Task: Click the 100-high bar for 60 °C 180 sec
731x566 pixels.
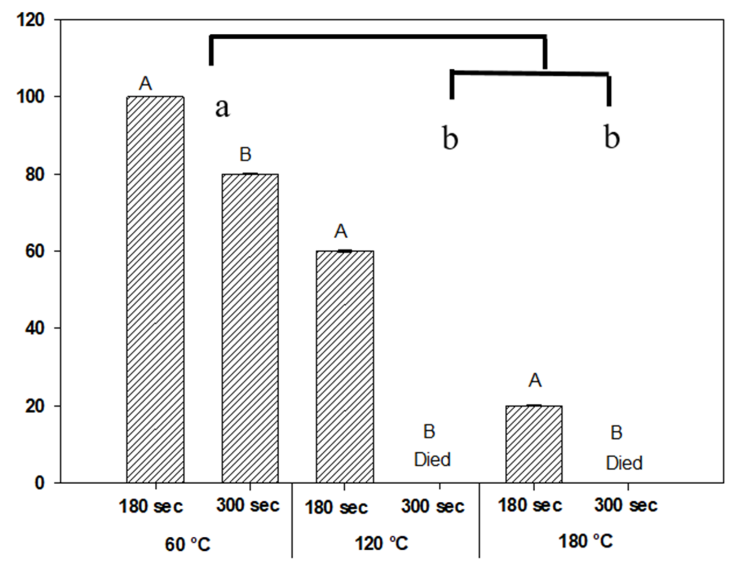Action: pyautogui.click(x=155, y=289)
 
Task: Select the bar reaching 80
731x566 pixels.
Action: pyautogui.click(x=250, y=328)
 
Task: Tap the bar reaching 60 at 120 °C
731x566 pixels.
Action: pyautogui.click(x=345, y=366)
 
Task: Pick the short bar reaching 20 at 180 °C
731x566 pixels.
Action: pyautogui.click(x=534, y=444)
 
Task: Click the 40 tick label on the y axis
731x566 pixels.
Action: pyautogui.click(x=35, y=328)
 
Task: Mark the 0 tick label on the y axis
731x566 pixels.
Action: pyautogui.click(x=39, y=483)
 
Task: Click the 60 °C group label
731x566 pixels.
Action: pyautogui.click(x=187, y=544)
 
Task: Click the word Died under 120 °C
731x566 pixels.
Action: pyautogui.click(x=433, y=459)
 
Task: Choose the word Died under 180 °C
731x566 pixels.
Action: pyautogui.click(x=624, y=463)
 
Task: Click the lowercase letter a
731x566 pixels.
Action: pyautogui.click(x=222, y=108)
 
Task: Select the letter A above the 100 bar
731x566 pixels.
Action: pyautogui.click(x=145, y=83)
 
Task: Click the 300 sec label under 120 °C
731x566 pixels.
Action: pyautogui.click(x=433, y=507)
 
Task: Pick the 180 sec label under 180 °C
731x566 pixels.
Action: pyautogui.click(x=530, y=505)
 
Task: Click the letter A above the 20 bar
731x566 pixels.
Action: pyautogui.click(x=535, y=381)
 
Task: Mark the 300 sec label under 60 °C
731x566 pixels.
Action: pyautogui.click(x=248, y=505)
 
